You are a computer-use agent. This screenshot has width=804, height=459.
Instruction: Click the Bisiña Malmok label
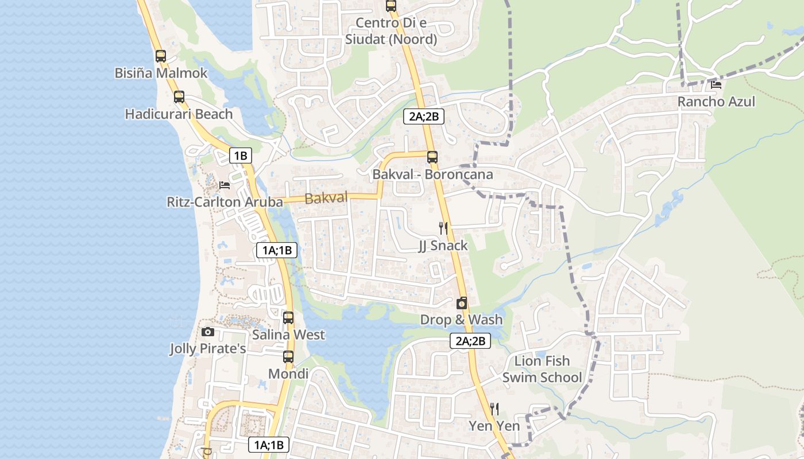[161, 73]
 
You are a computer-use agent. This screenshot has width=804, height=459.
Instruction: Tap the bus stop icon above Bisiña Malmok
[161, 56]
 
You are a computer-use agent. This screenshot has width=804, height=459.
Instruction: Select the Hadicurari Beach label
[179, 114]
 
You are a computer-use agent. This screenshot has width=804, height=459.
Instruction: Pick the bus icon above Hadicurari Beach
[179, 96]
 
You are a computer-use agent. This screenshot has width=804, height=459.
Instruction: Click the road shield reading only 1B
[240, 155]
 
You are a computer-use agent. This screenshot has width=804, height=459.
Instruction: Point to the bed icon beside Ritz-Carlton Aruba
[225, 185]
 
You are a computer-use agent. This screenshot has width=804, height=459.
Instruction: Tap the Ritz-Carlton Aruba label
[225, 202]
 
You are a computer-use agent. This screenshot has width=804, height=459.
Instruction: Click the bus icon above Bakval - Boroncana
[432, 157]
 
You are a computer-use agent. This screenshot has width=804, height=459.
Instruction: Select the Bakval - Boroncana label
[432, 174]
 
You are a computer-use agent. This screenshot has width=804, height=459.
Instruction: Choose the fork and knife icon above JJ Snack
[443, 228]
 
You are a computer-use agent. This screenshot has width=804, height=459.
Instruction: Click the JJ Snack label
[443, 246]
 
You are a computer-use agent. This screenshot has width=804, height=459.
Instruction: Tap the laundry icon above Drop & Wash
[462, 303]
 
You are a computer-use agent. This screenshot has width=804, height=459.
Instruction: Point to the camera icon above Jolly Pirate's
[208, 332]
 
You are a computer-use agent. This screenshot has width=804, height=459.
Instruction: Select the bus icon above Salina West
[288, 317]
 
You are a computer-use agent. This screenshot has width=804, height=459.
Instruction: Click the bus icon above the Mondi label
[288, 357]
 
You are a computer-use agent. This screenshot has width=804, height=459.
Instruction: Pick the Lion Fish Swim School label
[542, 369]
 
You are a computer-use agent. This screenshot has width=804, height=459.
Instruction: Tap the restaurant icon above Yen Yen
[494, 409]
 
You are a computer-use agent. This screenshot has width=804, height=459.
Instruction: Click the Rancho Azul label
[716, 102]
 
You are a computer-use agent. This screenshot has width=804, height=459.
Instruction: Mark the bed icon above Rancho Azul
[716, 85]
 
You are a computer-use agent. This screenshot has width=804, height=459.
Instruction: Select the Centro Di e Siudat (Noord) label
[391, 31]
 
